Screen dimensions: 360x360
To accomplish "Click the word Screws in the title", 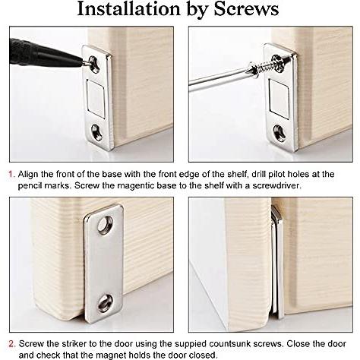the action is coord(246,9).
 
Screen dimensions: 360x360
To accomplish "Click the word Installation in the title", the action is coord(129,9).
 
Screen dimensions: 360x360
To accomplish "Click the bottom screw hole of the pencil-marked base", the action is coord(97,132).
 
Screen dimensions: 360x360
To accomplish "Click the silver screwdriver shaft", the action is coord(219,77).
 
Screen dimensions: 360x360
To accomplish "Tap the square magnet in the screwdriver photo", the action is coord(279,98).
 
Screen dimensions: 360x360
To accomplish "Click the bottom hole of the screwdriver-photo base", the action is coord(279,132).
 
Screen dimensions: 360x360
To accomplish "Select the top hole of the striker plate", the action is coord(106,224).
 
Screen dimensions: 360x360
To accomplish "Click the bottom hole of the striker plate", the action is coord(106,303).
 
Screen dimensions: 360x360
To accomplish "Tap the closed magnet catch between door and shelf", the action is coord(277,261).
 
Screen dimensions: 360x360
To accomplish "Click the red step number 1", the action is coord(11,175).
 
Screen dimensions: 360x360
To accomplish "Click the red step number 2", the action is coord(11,344).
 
